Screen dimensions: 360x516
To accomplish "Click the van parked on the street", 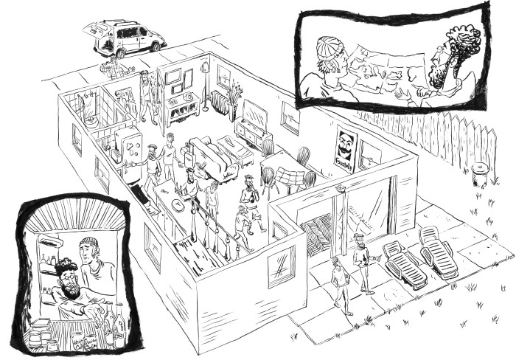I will (x=127, y=38).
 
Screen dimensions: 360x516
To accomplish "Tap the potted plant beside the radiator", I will (x=234, y=100).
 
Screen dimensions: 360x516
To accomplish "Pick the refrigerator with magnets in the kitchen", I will (x=132, y=155).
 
